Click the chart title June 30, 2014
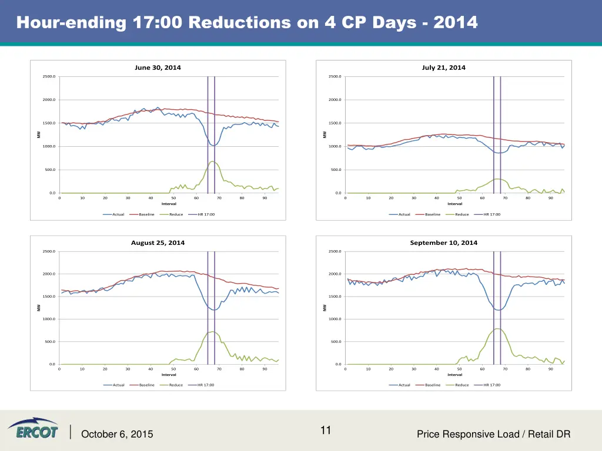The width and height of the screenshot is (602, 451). [158, 68]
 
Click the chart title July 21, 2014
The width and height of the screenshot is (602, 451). [443, 68]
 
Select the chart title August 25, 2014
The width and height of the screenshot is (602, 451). [158, 243]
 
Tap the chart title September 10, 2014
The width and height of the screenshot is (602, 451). [443, 243]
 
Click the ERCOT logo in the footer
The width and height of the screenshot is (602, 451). [33, 429]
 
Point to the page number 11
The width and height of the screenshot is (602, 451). [326, 430]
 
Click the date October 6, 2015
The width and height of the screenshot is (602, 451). [117, 435]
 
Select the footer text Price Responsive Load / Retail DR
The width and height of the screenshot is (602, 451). [493, 435]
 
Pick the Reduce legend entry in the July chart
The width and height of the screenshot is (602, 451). [461, 214]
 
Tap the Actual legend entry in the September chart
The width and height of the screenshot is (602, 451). [404, 385]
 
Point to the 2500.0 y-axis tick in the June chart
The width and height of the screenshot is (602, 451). [49, 76]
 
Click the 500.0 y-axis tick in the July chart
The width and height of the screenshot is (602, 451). [335, 170]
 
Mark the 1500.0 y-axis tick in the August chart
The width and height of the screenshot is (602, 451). [49, 297]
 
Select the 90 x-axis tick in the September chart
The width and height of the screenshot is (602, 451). [551, 369]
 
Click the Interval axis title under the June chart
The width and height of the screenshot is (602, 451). [169, 204]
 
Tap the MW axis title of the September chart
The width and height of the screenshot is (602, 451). [325, 308]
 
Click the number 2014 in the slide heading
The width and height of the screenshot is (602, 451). [455, 22]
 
